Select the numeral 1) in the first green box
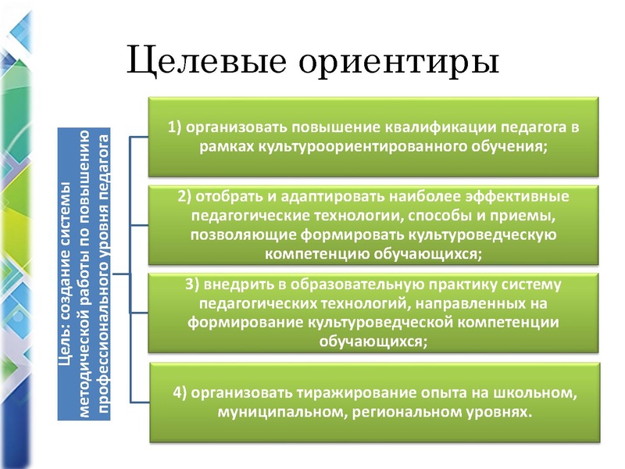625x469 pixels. [x=176, y=127]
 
